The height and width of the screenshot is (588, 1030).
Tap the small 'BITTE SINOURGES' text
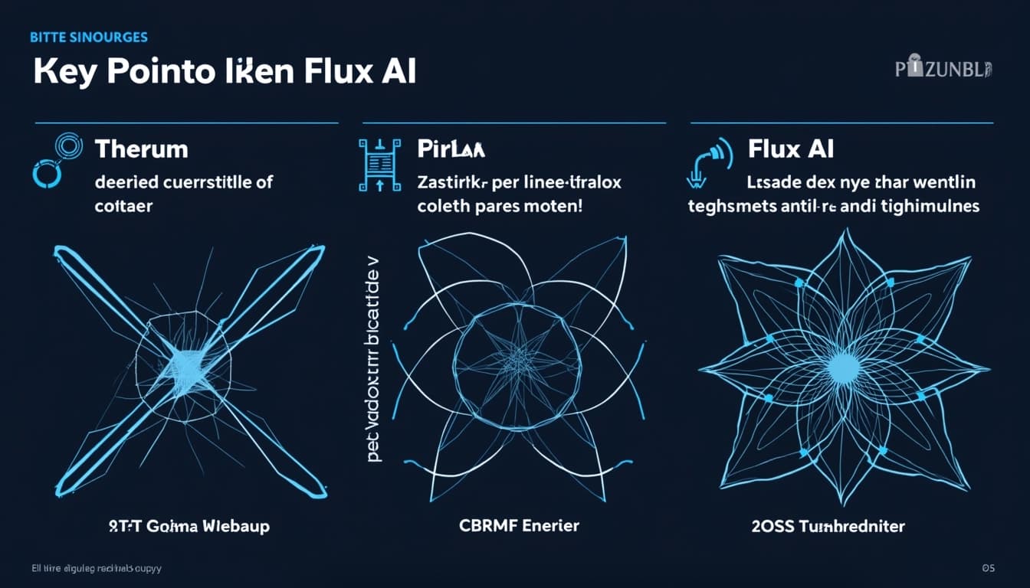[89, 37]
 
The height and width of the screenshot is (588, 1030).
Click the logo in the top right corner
[943, 70]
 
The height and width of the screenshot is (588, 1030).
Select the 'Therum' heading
[141, 148]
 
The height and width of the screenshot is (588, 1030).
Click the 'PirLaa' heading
[451, 148]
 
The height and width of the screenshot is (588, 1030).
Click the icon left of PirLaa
[379, 165]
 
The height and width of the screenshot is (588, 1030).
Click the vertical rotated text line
[375, 359]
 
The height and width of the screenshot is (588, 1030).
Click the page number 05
[988, 567]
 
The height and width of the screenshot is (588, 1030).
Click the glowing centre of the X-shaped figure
[189, 360]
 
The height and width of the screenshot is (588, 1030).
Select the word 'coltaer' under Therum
[123, 207]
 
